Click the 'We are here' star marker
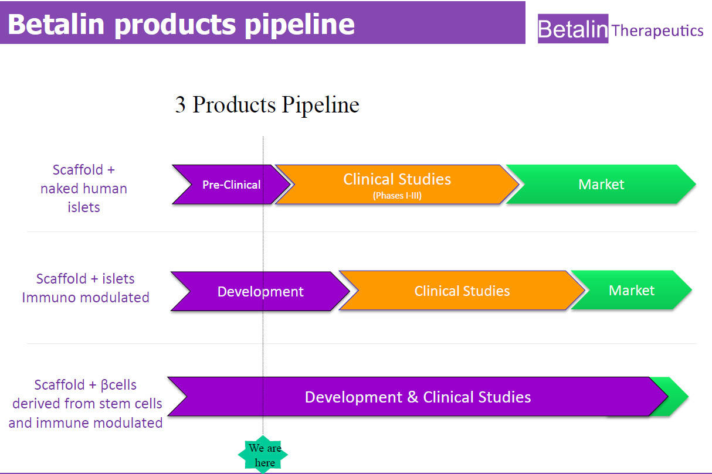263,455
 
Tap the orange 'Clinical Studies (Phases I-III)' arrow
397,185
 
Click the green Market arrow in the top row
601,184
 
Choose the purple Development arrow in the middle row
260,291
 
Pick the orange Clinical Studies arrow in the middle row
462,291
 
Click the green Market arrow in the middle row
632,290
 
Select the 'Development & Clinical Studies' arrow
418,397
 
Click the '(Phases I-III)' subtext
397,195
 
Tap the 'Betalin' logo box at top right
573,29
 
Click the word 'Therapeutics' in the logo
657,31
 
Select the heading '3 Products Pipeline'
267,104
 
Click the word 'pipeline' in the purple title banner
300,25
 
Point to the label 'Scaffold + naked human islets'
84,188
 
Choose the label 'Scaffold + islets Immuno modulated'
86,288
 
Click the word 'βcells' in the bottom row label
118,385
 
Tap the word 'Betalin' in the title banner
56,24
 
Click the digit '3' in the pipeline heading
180,104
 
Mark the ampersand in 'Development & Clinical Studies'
412,397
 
